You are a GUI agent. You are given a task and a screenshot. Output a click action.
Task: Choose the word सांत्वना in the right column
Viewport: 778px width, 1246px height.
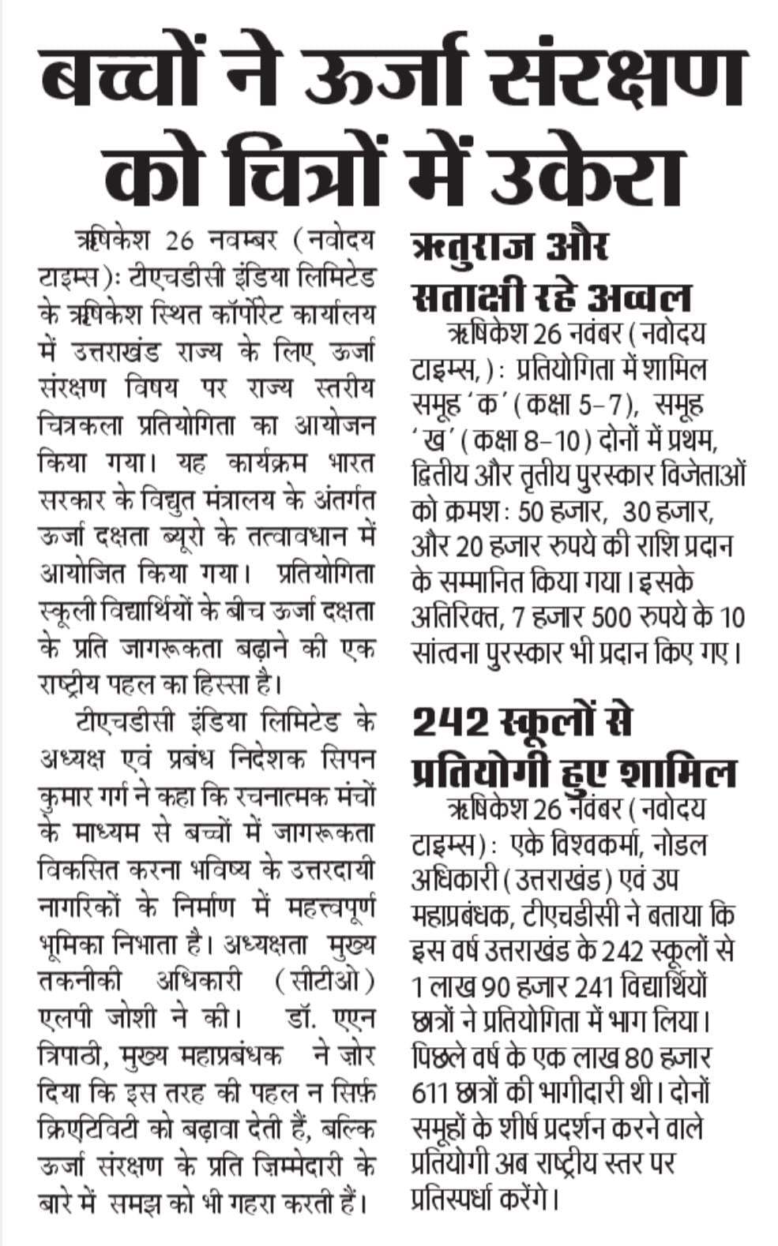click(446, 655)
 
